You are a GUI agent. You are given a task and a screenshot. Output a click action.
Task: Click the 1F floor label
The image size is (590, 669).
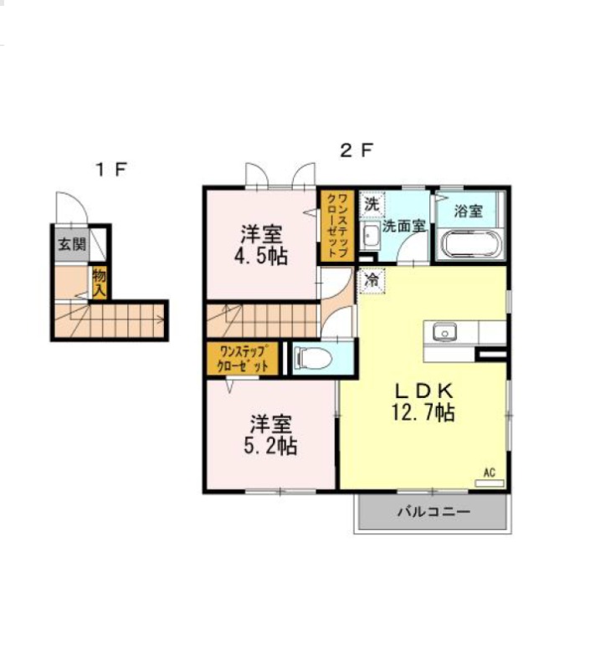click(112, 170)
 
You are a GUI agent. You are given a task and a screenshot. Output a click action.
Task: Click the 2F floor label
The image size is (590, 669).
click(357, 151)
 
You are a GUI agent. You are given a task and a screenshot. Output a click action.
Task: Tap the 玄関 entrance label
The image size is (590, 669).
click(72, 245)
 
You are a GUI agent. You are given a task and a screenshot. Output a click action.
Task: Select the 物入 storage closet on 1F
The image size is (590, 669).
click(100, 283)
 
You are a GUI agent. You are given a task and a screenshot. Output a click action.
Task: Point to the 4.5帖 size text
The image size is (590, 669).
click(260, 256)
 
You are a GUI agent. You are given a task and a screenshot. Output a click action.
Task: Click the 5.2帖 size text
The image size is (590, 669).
click(270, 446)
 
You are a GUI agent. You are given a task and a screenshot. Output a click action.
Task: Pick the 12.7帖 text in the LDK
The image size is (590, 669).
click(423, 412)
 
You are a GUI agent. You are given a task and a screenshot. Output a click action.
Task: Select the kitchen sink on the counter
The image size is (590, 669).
click(444, 332)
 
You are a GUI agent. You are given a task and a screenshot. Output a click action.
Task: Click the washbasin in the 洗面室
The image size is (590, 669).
click(371, 236)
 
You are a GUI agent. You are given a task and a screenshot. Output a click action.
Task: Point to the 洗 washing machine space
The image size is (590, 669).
click(372, 204)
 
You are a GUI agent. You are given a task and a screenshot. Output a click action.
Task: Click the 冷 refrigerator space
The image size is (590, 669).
click(372, 280)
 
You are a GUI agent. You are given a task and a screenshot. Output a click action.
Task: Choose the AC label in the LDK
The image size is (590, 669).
click(490, 472)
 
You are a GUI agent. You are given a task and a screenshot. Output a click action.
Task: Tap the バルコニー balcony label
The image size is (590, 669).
click(434, 511)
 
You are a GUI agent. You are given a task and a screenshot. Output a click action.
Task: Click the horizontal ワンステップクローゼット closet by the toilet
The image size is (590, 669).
click(243, 359)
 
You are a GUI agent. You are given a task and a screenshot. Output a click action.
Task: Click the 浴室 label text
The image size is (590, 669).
click(469, 211)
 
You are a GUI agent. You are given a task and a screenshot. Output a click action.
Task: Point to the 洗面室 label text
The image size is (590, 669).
click(404, 226)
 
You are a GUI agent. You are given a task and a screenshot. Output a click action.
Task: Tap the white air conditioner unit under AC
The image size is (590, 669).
click(490, 483)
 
